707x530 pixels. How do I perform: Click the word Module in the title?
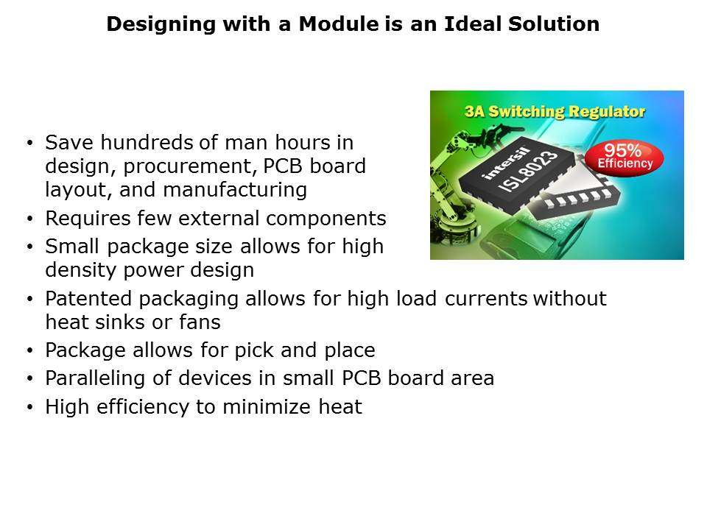[x=339, y=24]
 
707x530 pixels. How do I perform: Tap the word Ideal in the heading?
[x=473, y=24]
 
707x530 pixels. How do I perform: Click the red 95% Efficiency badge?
[x=625, y=158]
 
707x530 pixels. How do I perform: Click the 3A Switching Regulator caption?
[x=555, y=111]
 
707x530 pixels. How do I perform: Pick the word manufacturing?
[x=235, y=190]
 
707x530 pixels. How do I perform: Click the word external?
[x=219, y=219]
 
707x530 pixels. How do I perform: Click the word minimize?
[x=267, y=407]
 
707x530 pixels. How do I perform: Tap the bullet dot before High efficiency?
[x=29, y=408]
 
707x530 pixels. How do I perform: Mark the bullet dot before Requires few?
[x=29, y=219]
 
